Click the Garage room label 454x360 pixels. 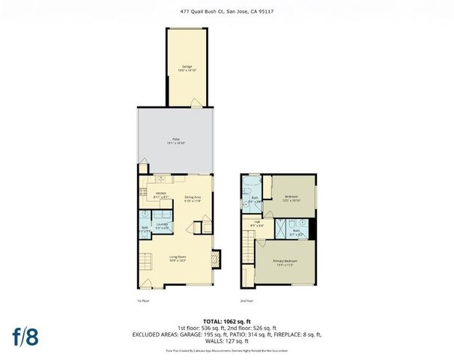187,68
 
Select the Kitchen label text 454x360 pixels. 161,194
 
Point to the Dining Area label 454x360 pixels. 194,199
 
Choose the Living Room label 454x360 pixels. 177,260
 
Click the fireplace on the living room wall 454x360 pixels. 216,259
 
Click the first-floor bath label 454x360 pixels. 144,229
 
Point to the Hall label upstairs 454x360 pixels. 256,223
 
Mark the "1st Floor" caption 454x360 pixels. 144,301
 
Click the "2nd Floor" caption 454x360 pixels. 247,301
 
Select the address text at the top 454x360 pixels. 226,11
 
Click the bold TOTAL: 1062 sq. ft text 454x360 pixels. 226,319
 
